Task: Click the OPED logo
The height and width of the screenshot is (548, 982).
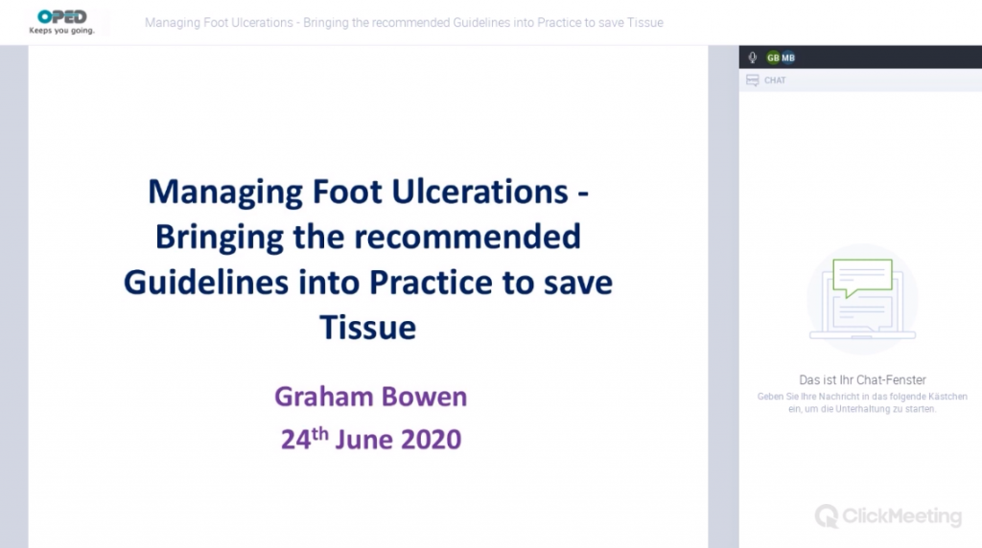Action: pos(62,17)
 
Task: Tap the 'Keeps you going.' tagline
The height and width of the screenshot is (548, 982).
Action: pos(62,31)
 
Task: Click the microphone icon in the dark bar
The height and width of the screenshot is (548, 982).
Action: pos(752,57)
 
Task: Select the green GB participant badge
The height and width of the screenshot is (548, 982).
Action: pos(774,57)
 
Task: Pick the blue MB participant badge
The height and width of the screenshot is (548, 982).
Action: pos(788,57)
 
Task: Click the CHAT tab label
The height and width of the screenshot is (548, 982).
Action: pos(775,80)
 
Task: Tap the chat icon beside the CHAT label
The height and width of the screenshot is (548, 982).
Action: pos(753,80)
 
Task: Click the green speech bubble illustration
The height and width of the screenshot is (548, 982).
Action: pos(862,278)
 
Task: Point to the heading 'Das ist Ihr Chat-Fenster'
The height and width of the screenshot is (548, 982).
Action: pos(862,379)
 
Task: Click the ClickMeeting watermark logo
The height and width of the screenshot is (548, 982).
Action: pos(888,516)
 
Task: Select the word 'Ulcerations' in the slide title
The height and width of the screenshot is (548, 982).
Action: pos(479,191)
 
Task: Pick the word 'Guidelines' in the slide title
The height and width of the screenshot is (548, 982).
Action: pos(206,282)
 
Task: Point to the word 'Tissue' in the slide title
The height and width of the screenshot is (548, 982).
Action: pos(367,328)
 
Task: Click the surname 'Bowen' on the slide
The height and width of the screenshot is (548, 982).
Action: pos(424,397)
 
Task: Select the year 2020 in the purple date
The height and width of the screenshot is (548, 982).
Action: pos(431,439)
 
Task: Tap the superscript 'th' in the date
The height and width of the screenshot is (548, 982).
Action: pos(320,433)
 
